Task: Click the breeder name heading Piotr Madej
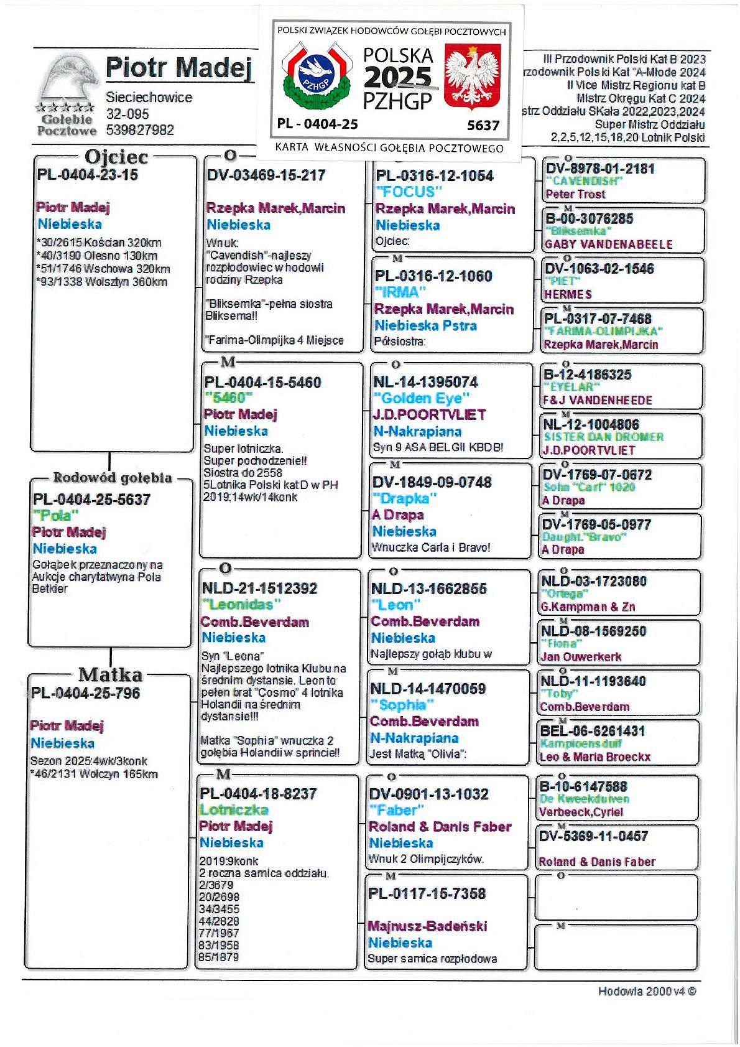point(178,68)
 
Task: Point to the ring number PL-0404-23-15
point(88,175)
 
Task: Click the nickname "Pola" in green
point(56,515)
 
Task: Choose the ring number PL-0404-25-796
point(86,693)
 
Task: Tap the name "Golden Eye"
point(421,398)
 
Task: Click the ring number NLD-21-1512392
point(259,589)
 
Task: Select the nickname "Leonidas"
point(241,604)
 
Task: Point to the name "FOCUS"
point(409,192)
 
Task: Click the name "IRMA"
point(400,292)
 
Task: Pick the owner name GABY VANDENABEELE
point(608,244)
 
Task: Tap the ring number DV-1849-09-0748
point(432,482)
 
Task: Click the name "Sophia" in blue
point(402,705)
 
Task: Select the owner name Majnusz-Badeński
point(427,926)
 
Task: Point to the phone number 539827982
point(140,130)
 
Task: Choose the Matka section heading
point(110,674)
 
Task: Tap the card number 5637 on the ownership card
point(483,125)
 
